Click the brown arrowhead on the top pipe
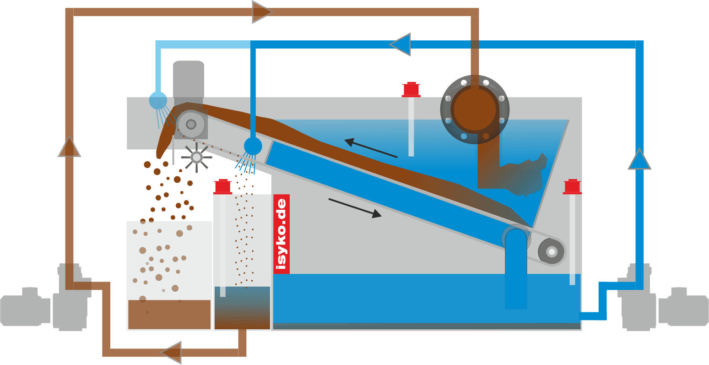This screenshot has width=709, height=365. pyautogui.click(x=261, y=12)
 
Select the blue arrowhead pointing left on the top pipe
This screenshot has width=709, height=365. pyautogui.click(x=401, y=44)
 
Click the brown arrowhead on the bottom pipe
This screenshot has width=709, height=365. pyautogui.click(x=171, y=352)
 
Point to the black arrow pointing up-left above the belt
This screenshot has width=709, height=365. pyautogui.click(x=370, y=148)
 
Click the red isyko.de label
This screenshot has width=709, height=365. pyautogui.click(x=281, y=234)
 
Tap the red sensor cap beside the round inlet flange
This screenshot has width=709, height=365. pyautogui.click(x=411, y=90)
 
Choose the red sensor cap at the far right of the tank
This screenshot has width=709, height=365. pyautogui.click(x=572, y=187)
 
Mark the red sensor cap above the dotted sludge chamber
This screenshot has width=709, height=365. pyautogui.click(x=223, y=187)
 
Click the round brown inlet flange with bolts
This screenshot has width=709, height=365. pyautogui.click(x=475, y=109)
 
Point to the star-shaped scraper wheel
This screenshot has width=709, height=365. pyautogui.click(x=196, y=158)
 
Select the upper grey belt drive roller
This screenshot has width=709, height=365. pyautogui.click(x=190, y=124)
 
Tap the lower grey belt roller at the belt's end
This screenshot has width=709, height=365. pyautogui.click(x=552, y=251)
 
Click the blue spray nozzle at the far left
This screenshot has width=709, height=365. pyautogui.click(x=158, y=100)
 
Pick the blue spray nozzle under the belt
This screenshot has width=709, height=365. pyautogui.click(x=253, y=147)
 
